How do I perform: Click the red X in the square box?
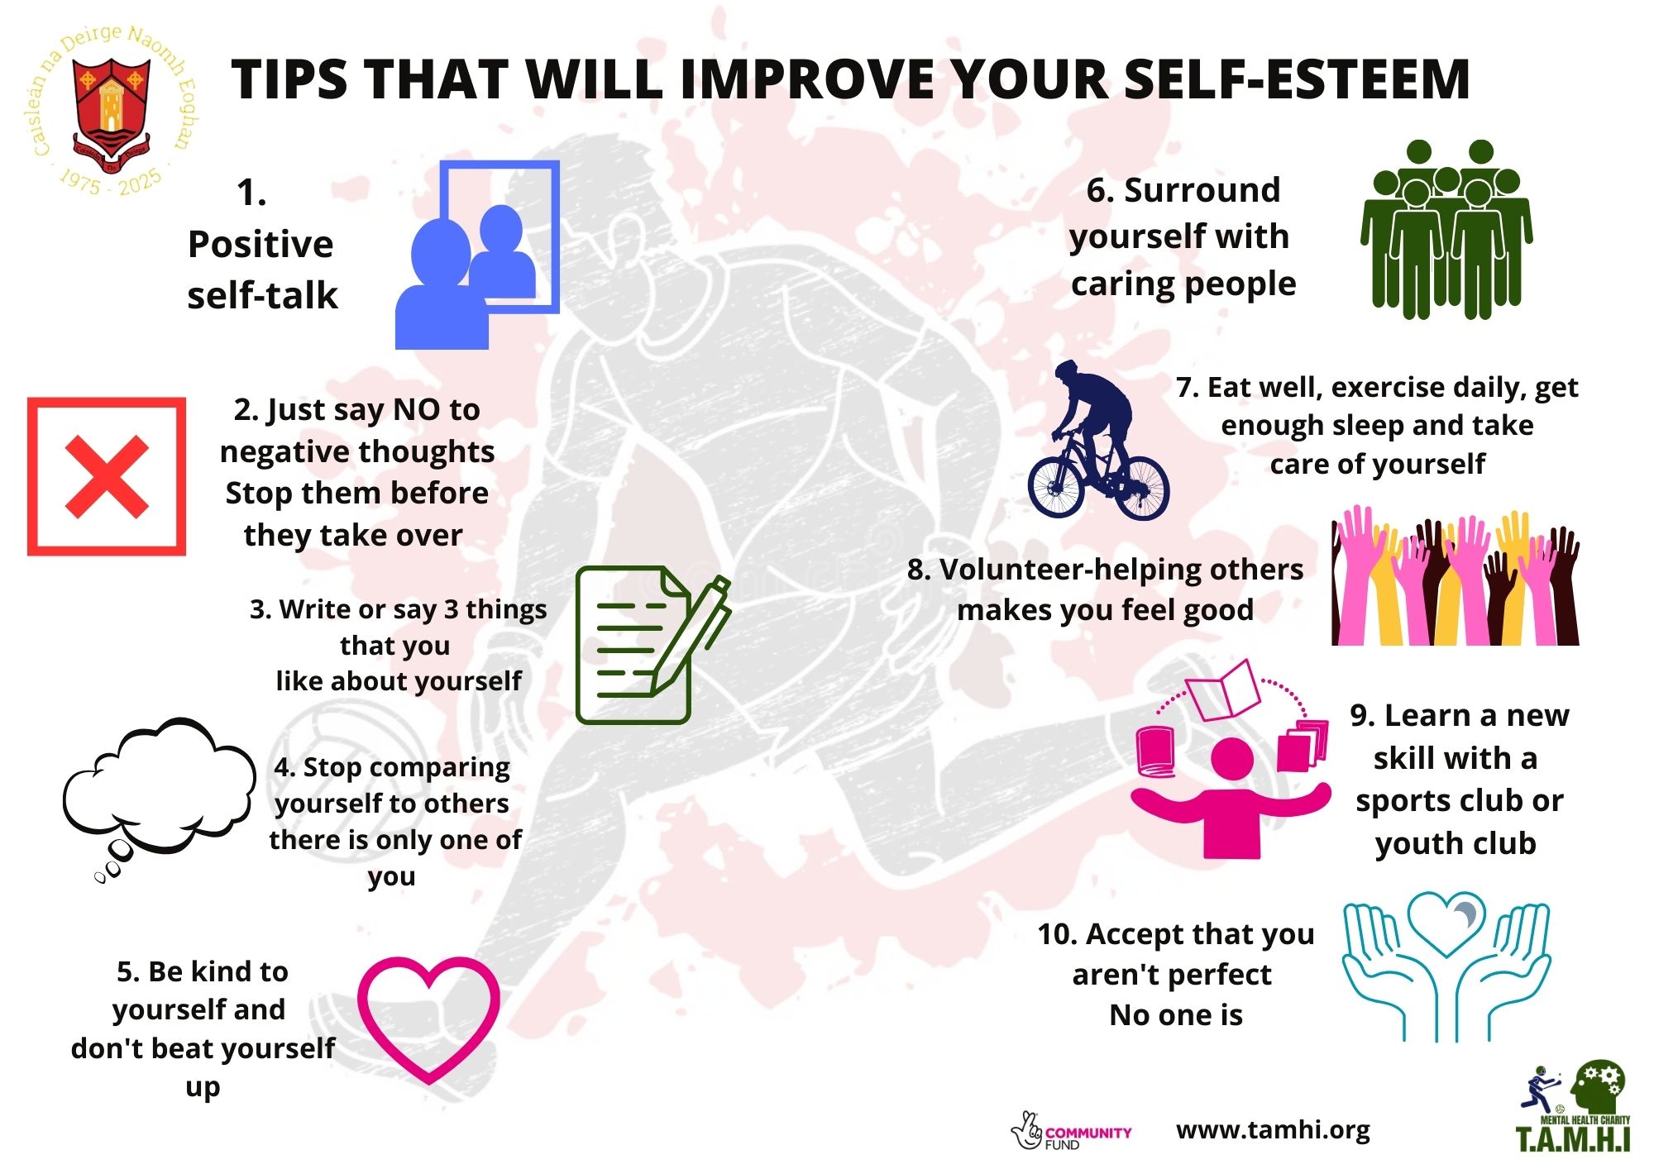pyautogui.click(x=107, y=477)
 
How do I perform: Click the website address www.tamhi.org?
pyautogui.click(x=1273, y=1130)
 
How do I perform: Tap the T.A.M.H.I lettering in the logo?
pyautogui.click(x=1572, y=1138)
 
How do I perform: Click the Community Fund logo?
pyautogui.click(x=1071, y=1132)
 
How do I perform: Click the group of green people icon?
pyautogui.click(x=1446, y=230)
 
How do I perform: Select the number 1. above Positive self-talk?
pyautogui.click(x=251, y=193)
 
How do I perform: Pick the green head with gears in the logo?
pyautogui.click(x=1599, y=1089)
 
